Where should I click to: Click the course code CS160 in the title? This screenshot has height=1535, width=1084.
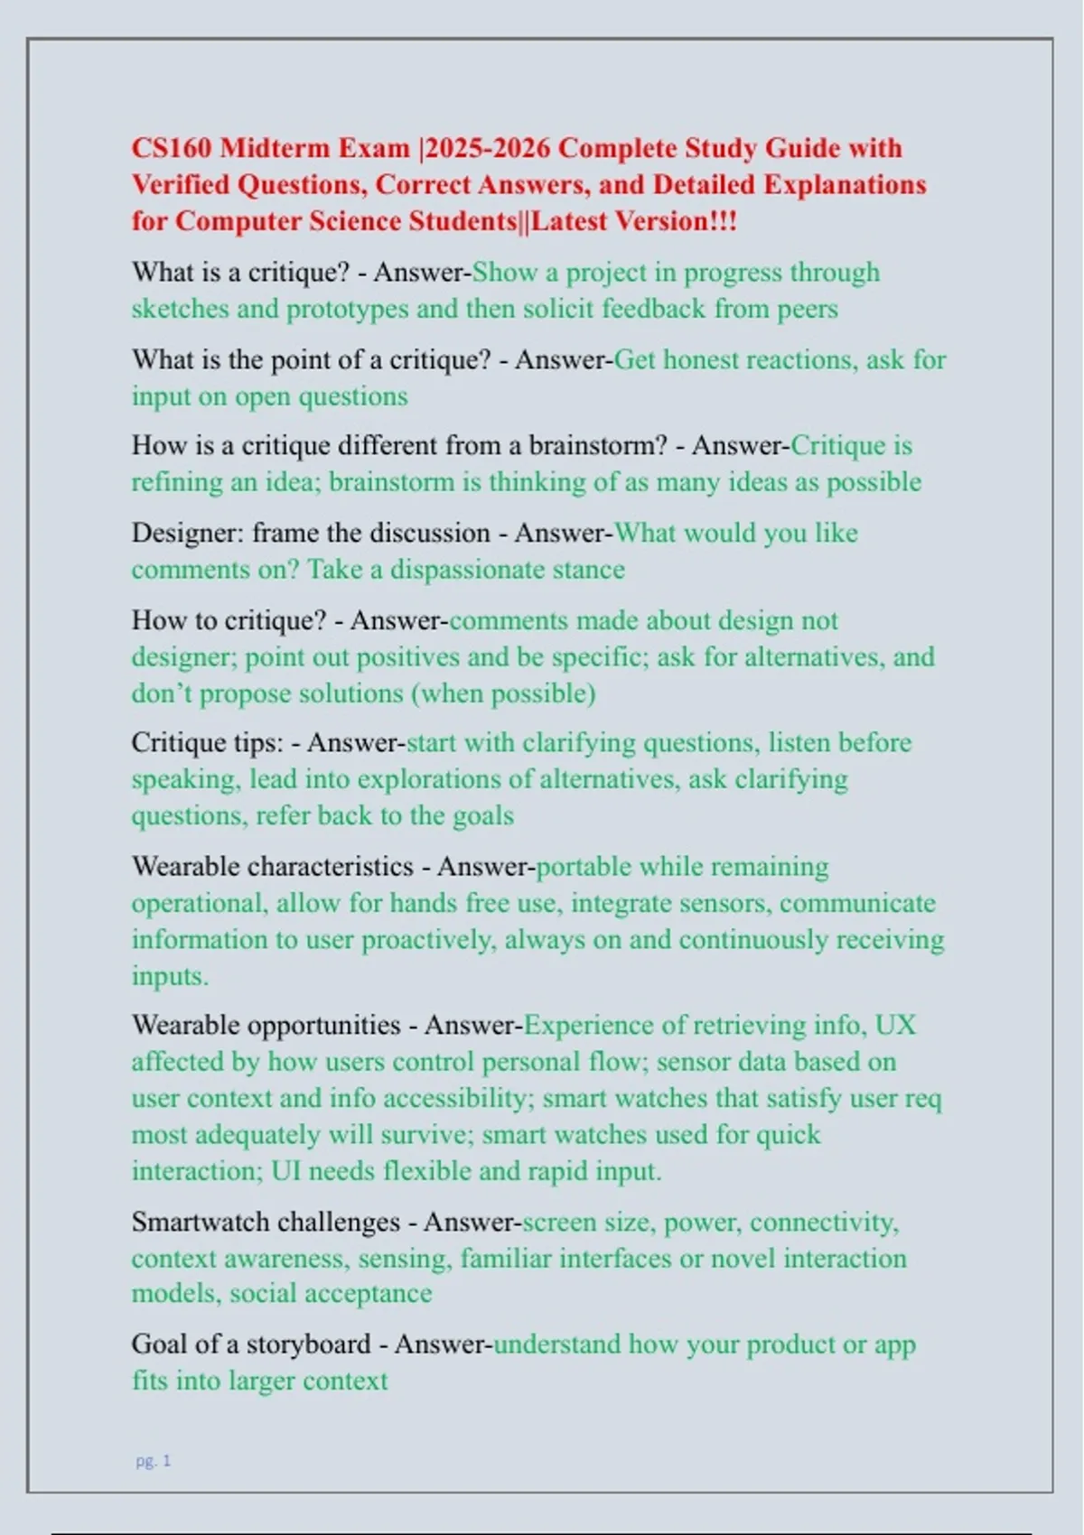tap(172, 148)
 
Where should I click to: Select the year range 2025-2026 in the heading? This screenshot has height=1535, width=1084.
tap(489, 148)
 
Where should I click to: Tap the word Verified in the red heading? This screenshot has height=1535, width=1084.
tap(181, 185)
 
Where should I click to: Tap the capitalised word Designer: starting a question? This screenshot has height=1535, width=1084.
tap(187, 533)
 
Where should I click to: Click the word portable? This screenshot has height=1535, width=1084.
tap(583, 867)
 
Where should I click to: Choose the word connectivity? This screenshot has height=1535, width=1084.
tap(823, 1223)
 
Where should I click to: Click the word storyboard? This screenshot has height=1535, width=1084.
tap(308, 1344)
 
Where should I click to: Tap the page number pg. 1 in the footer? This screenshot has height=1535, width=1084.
tap(153, 1461)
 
